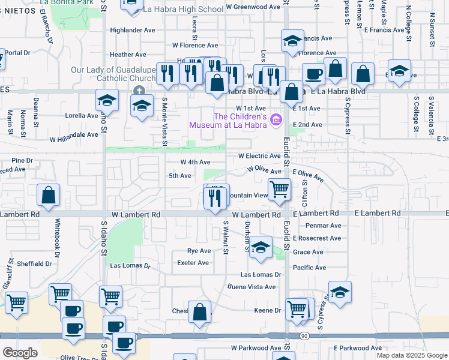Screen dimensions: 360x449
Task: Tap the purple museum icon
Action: tap(276, 120)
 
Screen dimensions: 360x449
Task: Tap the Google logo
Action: tap(20, 352)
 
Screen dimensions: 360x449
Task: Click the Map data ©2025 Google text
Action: tap(411, 355)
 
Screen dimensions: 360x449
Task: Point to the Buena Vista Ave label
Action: tap(251, 287)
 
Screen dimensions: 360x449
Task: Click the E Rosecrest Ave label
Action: tap(317, 238)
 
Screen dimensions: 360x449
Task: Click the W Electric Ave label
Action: tap(259, 155)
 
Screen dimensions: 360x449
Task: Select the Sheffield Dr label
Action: tap(34, 263)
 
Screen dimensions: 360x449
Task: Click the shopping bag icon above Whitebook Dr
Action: tap(49, 195)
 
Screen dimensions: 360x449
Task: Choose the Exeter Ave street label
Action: tap(193, 263)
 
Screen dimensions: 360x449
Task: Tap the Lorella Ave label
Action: tap(82, 115)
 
